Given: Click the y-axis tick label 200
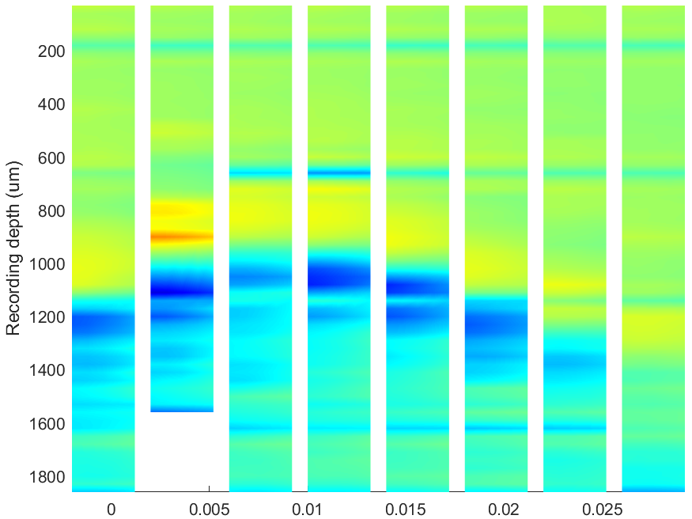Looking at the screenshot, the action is point(51,51).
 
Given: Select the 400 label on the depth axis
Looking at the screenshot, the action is point(51,104).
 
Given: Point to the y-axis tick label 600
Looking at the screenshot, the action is point(51,158).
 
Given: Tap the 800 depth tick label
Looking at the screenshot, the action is point(51,211).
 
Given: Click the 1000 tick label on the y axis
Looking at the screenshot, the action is point(47,264).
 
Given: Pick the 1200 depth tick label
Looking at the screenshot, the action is point(47,317).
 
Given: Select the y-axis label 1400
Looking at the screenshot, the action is point(47,371).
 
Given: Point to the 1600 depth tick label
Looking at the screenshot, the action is point(47,424).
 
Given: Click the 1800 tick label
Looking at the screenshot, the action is point(47,477).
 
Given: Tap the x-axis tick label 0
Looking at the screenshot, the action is point(112,510).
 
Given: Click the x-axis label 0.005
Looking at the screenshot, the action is point(210,510).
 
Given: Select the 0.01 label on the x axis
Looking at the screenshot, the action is point(308,510).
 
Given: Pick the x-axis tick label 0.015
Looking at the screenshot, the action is point(406,510).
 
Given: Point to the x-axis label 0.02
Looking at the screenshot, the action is point(504,510).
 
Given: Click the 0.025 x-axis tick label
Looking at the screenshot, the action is point(602,510).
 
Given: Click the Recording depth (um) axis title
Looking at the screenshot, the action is point(13,248).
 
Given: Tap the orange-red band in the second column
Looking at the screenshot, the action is point(182,237).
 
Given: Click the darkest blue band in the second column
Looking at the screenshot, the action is point(182,291).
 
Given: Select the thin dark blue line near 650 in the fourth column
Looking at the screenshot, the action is point(339,172).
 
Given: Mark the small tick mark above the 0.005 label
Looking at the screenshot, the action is point(210,489).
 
